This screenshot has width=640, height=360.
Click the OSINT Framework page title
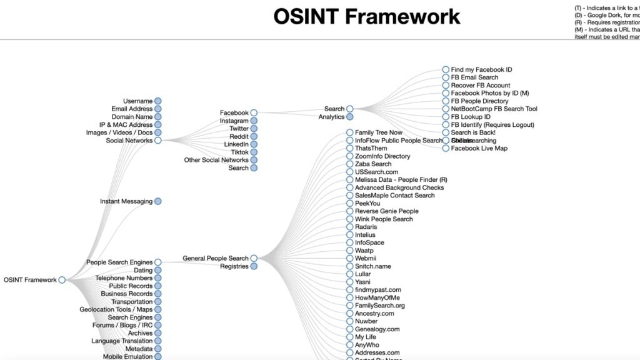coord(367,16)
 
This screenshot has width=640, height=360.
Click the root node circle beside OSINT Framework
coord(62,280)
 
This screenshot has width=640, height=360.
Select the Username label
coord(137,101)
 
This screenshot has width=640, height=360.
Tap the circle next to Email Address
coord(158,109)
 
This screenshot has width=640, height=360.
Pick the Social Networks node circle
coord(158,141)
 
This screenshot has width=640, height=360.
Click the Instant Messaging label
coord(126,201)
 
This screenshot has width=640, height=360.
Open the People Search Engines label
coord(119,262)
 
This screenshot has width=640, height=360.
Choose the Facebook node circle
coord(254,113)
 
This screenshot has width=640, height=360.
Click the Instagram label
coord(234,121)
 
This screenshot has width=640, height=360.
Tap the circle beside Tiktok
coord(254,152)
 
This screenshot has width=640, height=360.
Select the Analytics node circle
coord(350,117)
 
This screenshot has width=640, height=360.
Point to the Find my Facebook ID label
coord(481,69)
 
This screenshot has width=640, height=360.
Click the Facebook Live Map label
coord(479,148)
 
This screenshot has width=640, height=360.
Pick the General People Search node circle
coord(254,258)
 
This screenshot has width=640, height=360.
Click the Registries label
coord(234,266)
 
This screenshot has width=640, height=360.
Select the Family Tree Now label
coord(379,132)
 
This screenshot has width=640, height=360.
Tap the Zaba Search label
coord(373,164)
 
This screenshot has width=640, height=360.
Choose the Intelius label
coord(365,235)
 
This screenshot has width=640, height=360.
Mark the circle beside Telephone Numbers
coord(158,278)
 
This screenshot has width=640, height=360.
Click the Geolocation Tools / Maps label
coord(116,309)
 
